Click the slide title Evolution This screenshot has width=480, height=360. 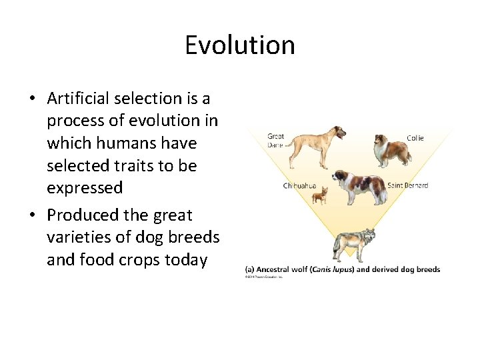[x=240, y=45]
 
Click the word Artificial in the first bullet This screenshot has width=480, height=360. [x=78, y=99]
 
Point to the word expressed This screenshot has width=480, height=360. [x=85, y=188]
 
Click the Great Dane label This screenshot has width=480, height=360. [x=275, y=141]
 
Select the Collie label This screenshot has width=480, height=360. [x=415, y=138]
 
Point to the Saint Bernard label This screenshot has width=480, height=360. [x=408, y=185]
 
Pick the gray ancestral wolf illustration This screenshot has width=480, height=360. [x=354, y=243]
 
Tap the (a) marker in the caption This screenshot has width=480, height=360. [x=249, y=270]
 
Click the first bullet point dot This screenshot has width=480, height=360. [x=32, y=99]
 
